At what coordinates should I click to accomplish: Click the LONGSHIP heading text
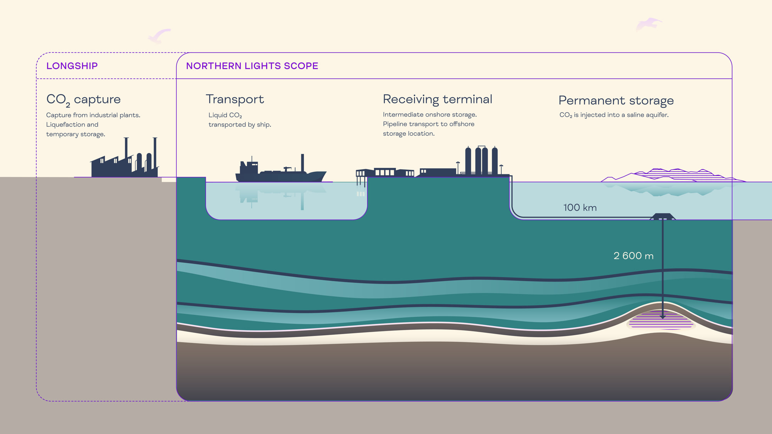click(x=72, y=66)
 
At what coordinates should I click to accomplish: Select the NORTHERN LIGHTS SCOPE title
click(x=252, y=66)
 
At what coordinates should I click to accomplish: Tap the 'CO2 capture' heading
click(x=83, y=100)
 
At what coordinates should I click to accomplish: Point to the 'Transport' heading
click(x=235, y=99)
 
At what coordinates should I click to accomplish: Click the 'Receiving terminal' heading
click(x=437, y=99)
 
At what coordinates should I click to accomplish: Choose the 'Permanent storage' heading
click(x=616, y=101)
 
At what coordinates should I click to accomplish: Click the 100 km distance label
click(x=580, y=208)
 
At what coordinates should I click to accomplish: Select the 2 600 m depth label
click(x=633, y=256)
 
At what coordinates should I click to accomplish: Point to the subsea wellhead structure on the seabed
click(x=662, y=216)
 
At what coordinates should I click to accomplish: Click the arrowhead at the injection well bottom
click(x=662, y=317)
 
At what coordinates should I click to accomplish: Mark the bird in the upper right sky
click(x=648, y=24)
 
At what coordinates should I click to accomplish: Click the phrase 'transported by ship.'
click(x=240, y=125)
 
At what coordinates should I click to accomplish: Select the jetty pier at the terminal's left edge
click(x=361, y=177)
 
